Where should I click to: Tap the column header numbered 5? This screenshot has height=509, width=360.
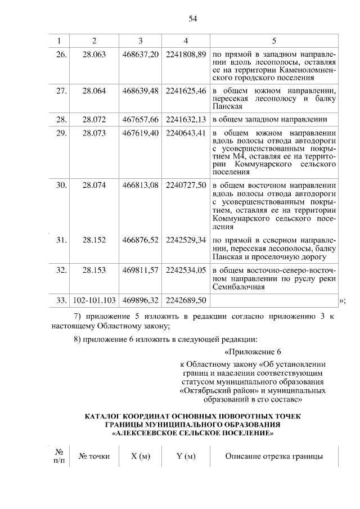tap(274, 40)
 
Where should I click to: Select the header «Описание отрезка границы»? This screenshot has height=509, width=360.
tap(274, 456)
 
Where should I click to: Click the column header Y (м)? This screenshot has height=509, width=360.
tap(186, 456)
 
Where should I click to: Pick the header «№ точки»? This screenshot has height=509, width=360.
tap(94, 456)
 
